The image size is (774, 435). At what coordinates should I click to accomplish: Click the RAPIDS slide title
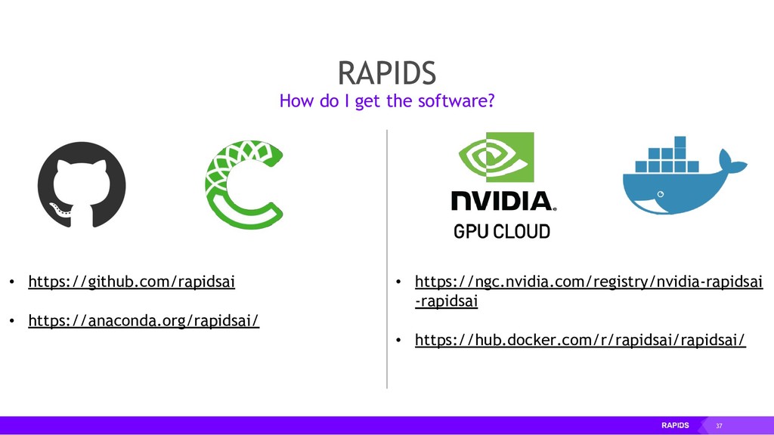(386, 73)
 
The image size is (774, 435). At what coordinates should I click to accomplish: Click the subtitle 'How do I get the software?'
(386, 100)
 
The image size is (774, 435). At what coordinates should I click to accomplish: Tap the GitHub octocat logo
(82, 184)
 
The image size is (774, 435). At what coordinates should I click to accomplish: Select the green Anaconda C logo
(243, 185)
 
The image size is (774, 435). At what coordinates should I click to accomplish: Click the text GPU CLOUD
(502, 231)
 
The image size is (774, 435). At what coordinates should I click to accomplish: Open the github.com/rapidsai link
(132, 283)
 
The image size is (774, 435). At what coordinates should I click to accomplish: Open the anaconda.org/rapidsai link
(144, 322)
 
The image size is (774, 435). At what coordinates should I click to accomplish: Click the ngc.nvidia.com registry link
(589, 283)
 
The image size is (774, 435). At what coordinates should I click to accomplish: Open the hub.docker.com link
(580, 341)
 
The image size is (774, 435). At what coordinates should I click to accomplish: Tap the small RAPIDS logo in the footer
(675, 426)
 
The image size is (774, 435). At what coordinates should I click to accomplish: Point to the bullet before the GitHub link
(11, 284)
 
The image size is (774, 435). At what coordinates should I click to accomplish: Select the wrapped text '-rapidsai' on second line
(447, 301)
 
